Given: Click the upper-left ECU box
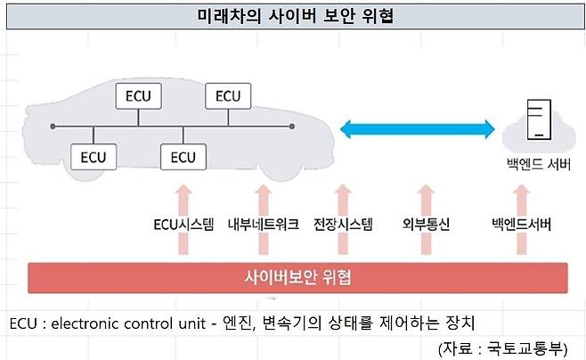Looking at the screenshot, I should (140, 95).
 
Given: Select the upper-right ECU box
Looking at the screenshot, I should (228, 95).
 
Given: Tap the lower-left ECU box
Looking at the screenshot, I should (94, 158).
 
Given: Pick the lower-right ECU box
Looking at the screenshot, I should (183, 158).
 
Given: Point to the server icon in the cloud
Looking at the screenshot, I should (536, 120).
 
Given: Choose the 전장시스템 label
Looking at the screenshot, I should (343, 225).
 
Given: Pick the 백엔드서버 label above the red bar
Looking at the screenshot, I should (522, 225).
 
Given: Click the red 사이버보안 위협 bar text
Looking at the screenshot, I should (297, 277).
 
